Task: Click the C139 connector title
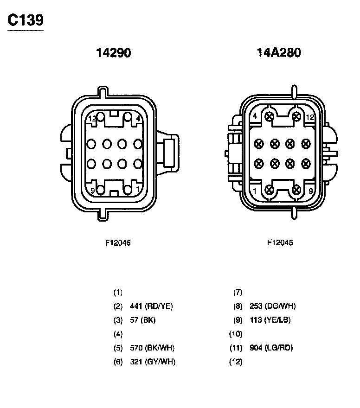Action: click(x=26, y=20)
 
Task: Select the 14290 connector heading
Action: click(x=114, y=52)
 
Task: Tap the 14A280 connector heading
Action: click(x=279, y=52)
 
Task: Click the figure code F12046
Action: click(x=118, y=243)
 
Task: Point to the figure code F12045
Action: click(x=280, y=242)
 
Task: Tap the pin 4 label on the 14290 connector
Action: click(x=138, y=119)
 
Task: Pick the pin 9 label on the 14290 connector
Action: click(x=92, y=191)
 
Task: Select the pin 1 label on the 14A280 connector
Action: click(x=255, y=191)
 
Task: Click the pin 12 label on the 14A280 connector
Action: click(x=310, y=117)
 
